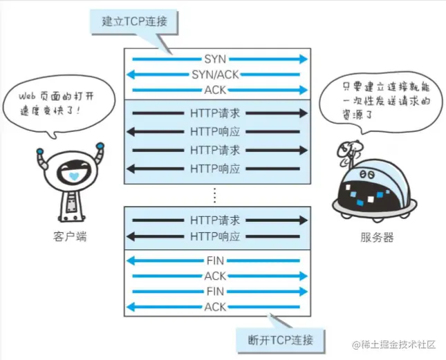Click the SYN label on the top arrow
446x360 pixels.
(x=215, y=59)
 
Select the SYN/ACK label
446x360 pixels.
(x=215, y=75)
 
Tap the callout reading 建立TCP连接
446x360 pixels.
(x=133, y=21)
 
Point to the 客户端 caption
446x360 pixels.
(x=70, y=237)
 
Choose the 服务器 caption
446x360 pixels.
(x=377, y=237)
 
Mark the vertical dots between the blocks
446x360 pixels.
(x=215, y=194)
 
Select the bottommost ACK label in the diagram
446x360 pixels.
(x=215, y=306)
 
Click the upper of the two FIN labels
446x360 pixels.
(x=215, y=260)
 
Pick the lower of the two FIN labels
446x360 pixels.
(x=215, y=291)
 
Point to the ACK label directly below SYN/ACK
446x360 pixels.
(x=215, y=90)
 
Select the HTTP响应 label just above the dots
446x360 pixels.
(x=215, y=168)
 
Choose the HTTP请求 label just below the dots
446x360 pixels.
(x=215, y=220)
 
